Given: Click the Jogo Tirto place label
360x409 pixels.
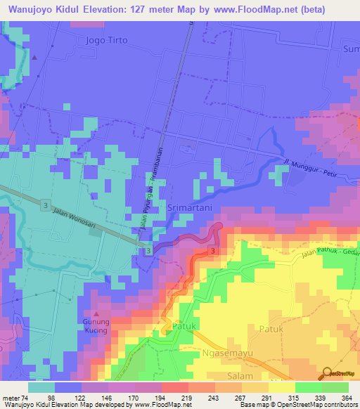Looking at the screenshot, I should [106, 40].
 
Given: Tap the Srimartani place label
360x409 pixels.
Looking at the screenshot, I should [192, 208].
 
